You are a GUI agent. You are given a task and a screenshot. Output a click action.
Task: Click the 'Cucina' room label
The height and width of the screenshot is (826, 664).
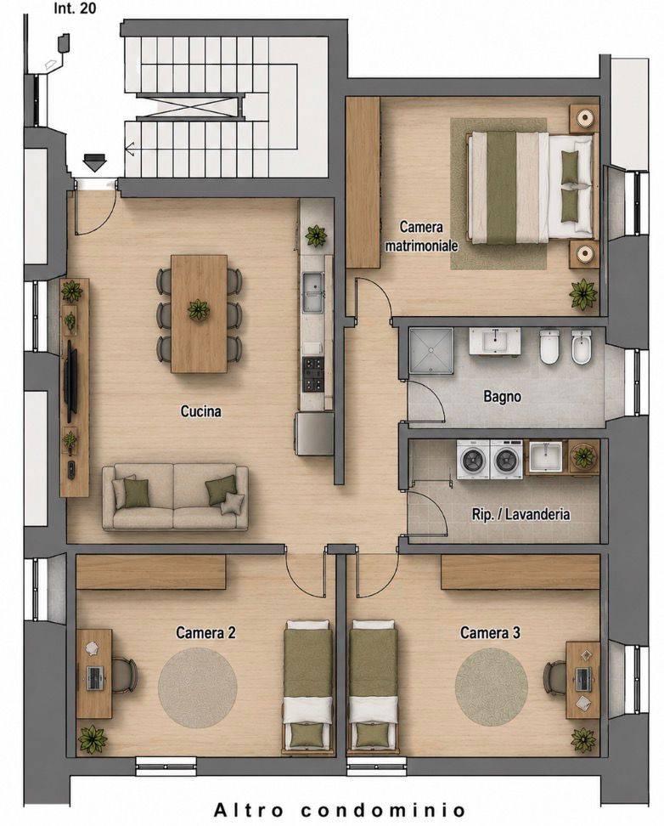coord(200,411)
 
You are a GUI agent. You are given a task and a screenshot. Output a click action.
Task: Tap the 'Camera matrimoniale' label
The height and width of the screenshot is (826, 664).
coord(421,236)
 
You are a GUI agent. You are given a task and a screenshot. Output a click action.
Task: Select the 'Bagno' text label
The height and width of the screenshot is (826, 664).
coord(503,396)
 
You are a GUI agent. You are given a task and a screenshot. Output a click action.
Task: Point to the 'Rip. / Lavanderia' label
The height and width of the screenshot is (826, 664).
coord(521,514)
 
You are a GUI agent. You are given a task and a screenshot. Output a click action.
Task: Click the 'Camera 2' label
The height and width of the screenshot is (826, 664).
coord(205,632)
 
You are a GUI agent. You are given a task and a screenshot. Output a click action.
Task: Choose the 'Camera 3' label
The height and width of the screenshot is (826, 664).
coord(490,632)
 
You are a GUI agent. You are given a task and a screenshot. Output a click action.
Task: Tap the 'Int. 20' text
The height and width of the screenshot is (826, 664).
coord(75,8)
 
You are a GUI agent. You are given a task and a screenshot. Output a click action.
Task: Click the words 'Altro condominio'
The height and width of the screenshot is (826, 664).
coord(340,809)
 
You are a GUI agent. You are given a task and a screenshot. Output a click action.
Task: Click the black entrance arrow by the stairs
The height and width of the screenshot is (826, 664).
coord(94,162)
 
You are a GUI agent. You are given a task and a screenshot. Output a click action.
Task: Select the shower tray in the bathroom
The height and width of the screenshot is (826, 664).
coord(431,350)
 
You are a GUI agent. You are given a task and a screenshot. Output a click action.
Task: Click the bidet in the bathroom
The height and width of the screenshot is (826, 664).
coord(582,347)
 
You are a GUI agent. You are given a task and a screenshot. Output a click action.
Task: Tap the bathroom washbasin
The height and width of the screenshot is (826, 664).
coord(495,340)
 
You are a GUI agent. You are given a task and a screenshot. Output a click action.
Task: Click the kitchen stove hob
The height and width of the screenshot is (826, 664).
coord(312,374)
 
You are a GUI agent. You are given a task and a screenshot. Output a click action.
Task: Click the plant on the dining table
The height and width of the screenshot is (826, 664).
coord(199,309)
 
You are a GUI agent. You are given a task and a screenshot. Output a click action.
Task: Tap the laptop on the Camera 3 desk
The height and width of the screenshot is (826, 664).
coord(583,678)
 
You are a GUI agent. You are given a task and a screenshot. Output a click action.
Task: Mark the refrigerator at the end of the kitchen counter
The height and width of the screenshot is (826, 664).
coord(314,433)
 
